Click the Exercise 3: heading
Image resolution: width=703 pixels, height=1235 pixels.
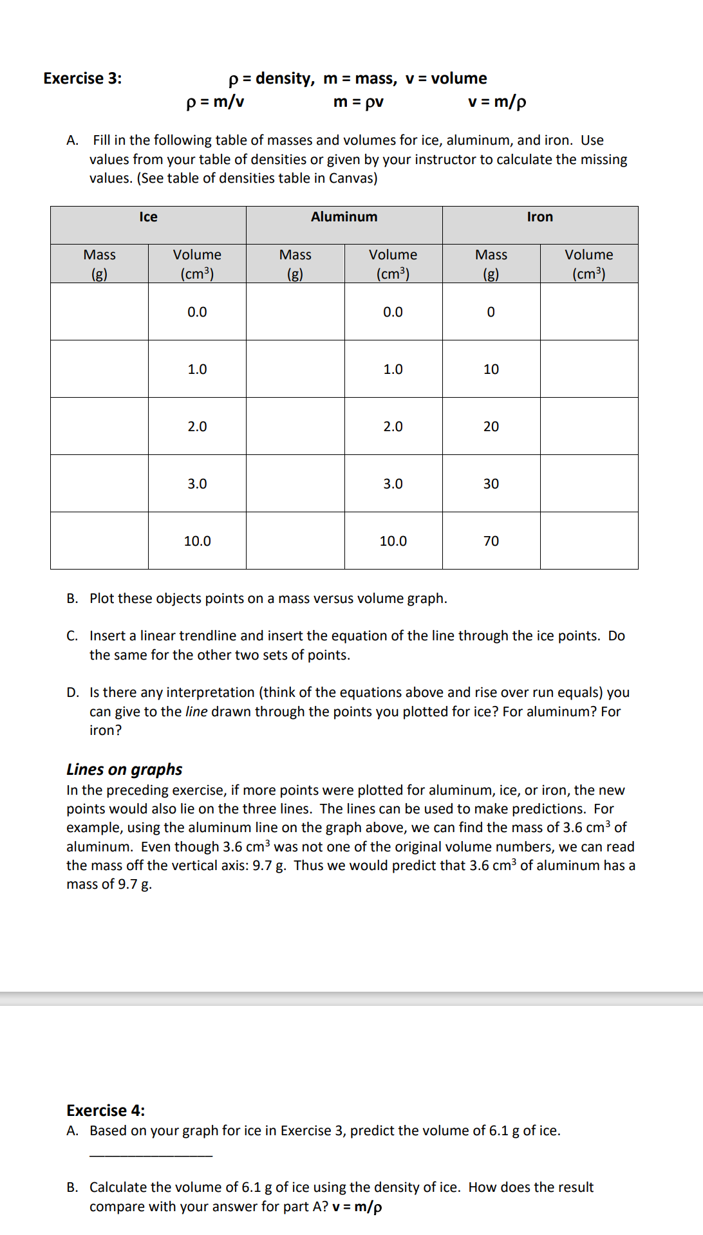click(82, 79)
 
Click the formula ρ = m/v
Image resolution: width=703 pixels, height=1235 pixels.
click(215, 102)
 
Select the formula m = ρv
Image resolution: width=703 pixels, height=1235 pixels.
click(359, 102)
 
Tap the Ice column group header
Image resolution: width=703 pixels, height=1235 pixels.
click(148, 218)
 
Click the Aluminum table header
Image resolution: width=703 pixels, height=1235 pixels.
click(344, 218)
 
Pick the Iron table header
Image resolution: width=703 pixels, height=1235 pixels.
click(539, 218)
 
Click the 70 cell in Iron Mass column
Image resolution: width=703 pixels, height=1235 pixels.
click(491, 541)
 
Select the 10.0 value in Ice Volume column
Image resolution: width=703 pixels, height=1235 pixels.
click(197, 541)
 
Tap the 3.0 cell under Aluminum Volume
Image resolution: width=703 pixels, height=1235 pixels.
click(393, 484)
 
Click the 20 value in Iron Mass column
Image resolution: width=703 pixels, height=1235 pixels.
click(491, 427)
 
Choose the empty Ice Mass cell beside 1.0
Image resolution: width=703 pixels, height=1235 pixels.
click(99, 369)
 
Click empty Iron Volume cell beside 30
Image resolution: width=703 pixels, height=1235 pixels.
click(588, 483)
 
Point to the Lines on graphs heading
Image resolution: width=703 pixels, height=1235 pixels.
click(124, 770)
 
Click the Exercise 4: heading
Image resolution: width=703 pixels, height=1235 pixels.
click(106, 1111)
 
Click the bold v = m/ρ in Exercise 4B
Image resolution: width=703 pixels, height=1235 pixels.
click(357, 1207)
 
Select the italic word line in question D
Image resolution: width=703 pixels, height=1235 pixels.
click(196, 712)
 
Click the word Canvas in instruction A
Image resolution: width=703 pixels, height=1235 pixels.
click(351, 178)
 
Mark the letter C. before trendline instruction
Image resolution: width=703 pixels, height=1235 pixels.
click(72, 636)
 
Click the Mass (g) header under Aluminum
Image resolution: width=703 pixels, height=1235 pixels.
click(295, 264)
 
